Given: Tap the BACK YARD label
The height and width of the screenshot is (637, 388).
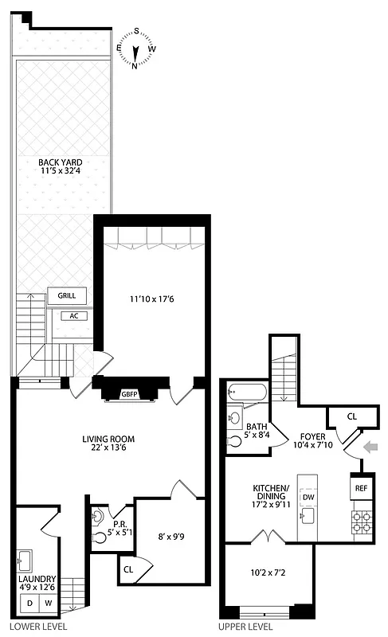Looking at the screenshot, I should click(x=61, y=166).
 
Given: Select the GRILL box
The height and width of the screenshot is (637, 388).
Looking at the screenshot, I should click(x=67, y=295).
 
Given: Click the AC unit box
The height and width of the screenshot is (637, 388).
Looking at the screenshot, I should click(x=73, y=315).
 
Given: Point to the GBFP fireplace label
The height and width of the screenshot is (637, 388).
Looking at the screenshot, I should click(x=130, y=393).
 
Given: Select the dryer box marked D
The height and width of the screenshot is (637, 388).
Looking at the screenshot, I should click(x=29, y=604).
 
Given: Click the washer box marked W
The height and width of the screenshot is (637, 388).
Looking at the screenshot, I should click(x=48, y=604).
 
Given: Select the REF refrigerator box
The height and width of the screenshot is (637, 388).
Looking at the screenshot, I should click(x=360, y=488).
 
